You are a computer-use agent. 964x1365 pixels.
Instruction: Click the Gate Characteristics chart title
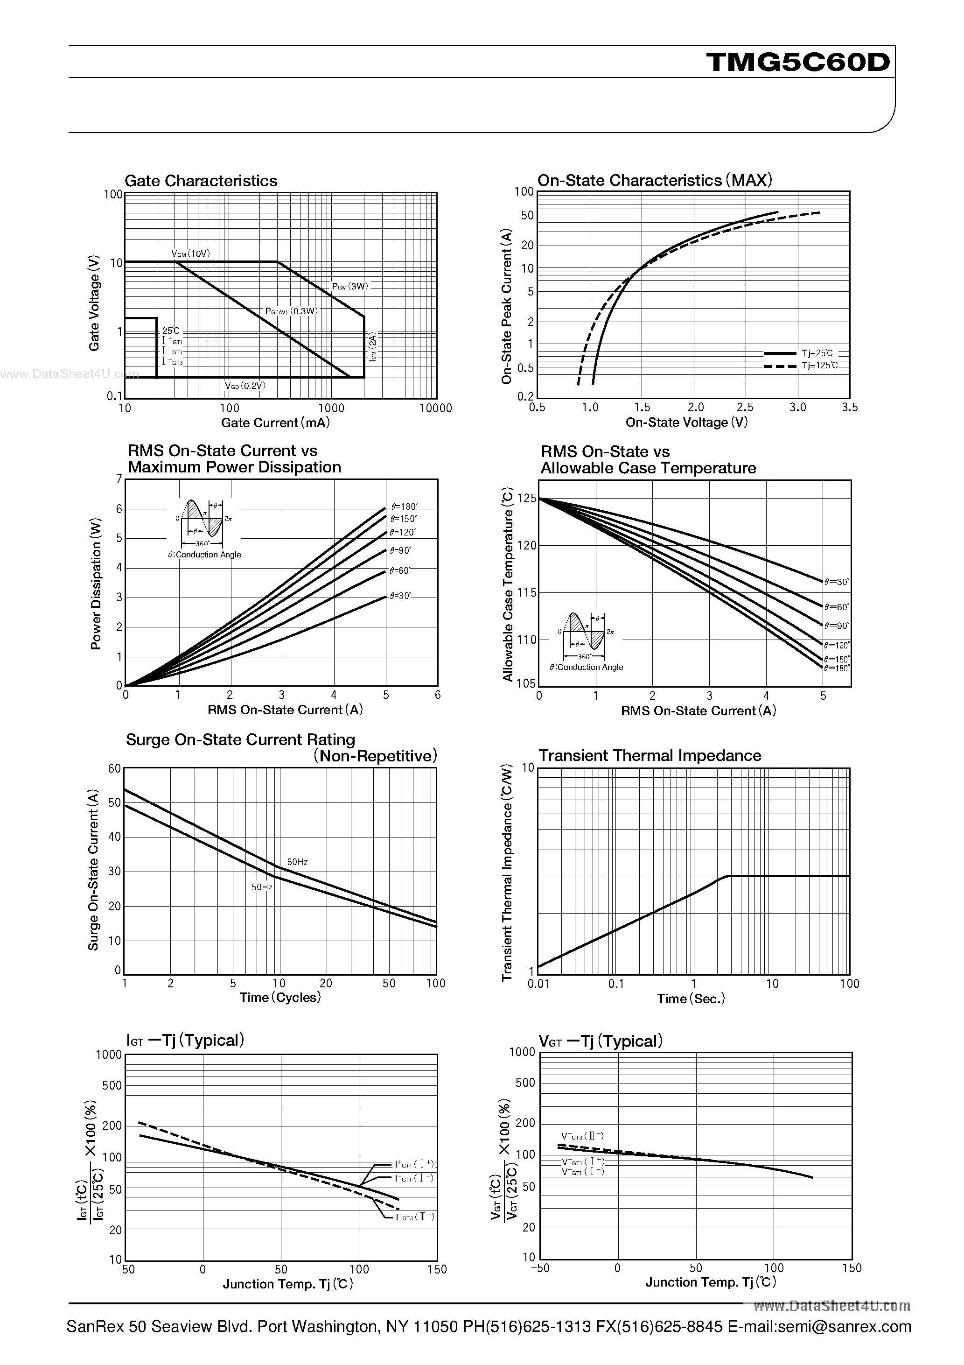(201, 181)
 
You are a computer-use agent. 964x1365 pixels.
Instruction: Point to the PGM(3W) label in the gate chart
(350, 286)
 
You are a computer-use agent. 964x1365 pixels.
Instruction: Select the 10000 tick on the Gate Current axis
(436, 408)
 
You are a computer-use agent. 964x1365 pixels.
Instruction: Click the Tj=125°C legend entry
(819, 366)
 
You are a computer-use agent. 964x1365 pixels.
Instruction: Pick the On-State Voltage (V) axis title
(686, 422)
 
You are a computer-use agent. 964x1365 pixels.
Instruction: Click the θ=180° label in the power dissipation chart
(404, 507)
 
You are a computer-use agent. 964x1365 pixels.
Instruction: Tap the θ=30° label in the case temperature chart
(837, 582)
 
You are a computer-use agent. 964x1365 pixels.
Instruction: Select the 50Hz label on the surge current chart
(261, 887)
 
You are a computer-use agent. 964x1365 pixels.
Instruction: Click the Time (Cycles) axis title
(280, 997)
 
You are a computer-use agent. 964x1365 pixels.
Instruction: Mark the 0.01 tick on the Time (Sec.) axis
(538, 984)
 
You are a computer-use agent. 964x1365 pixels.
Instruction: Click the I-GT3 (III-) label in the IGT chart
(415, 1217)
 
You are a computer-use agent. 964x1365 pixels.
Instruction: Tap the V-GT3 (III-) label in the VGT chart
(582, 1135)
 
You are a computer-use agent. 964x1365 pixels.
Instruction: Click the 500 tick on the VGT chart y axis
(525, 1083)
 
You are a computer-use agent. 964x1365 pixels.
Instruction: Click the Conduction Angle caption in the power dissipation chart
(204, 554)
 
